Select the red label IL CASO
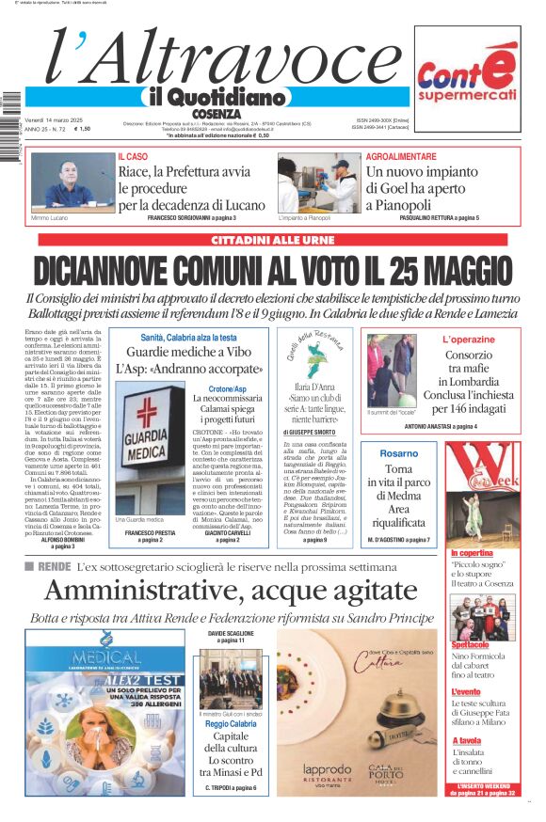133,156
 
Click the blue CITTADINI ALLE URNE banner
272,240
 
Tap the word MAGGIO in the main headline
451,269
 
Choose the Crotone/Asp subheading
227,388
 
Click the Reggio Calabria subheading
230,724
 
